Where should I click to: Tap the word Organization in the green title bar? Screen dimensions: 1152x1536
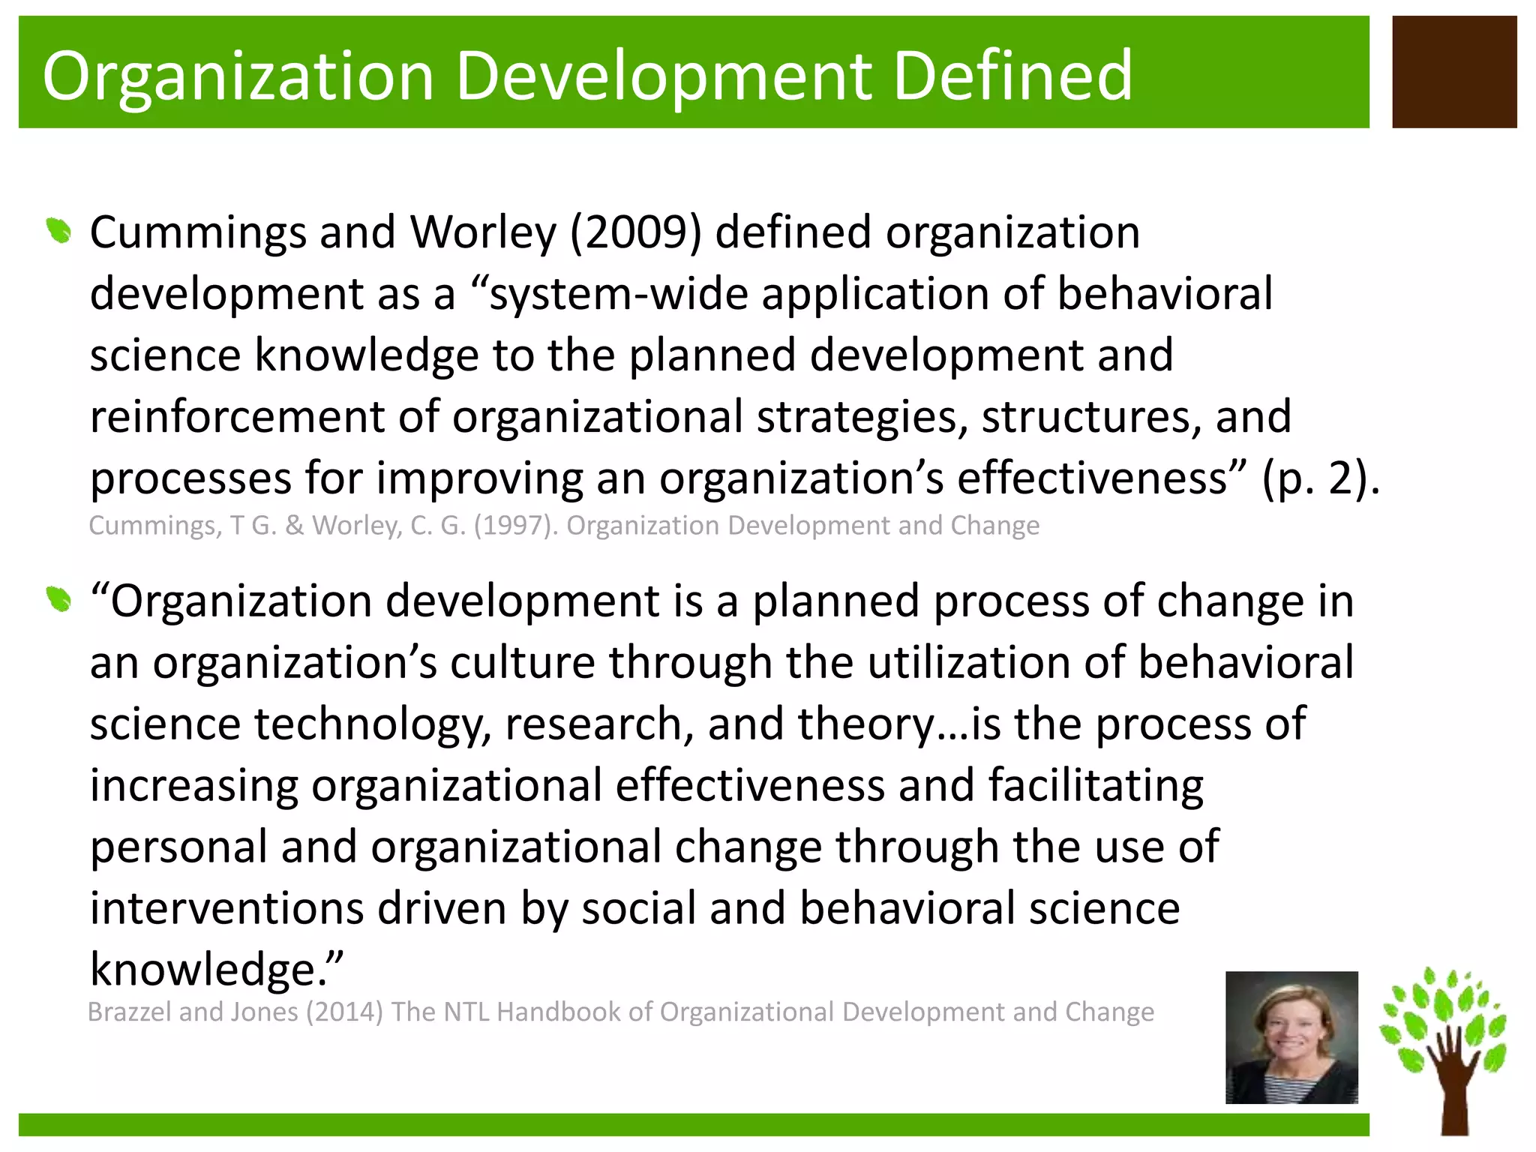click(238, 76)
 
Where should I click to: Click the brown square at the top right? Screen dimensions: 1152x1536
click(1454, 72)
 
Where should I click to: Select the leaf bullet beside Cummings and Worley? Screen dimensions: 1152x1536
click(58, 230)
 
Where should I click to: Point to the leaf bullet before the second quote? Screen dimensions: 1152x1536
click(58, 599)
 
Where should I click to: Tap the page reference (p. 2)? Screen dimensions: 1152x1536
click(1320, 478)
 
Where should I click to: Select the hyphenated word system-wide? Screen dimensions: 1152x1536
click(614, 293)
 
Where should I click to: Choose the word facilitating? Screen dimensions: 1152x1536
click(1095, 785)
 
